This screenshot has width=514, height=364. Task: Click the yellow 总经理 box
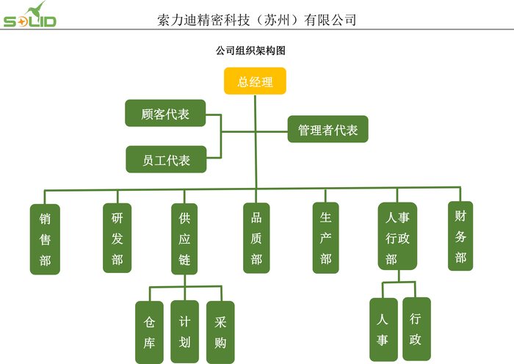(255, 81)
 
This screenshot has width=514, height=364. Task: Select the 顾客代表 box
(165, 114)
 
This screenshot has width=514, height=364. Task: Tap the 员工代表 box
(165, 160)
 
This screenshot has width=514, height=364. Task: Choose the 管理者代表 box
(327, 130)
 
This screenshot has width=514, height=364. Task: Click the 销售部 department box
(45, 239)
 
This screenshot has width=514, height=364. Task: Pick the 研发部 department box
(117, 238)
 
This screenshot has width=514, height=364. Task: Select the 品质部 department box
(256, 238)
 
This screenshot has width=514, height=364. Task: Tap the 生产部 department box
(326, 238)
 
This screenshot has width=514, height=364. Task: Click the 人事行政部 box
(397, 236)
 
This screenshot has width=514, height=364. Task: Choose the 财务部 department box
(460, 236)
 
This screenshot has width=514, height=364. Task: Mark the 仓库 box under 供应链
(150, 332)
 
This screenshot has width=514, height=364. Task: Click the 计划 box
(184, 332)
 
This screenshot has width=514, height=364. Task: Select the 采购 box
(220, 332)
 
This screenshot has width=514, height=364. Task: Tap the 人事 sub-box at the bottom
(383, 330)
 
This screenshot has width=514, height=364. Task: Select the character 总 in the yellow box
(243, 81)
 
